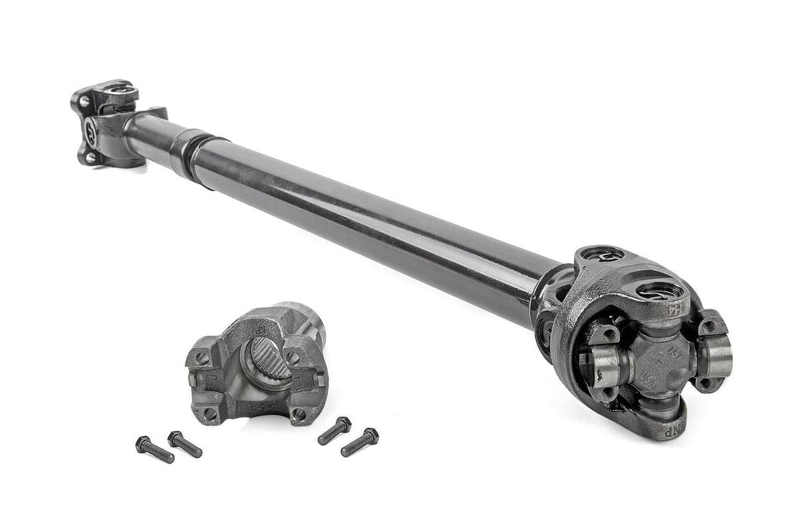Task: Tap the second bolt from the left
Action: (x=184, y=444)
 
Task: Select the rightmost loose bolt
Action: (x=359, y=442)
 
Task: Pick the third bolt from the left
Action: (x=334, y=430)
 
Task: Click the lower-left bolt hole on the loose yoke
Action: (x=208, y=414)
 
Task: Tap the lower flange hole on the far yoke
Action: (x=89, y=156)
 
